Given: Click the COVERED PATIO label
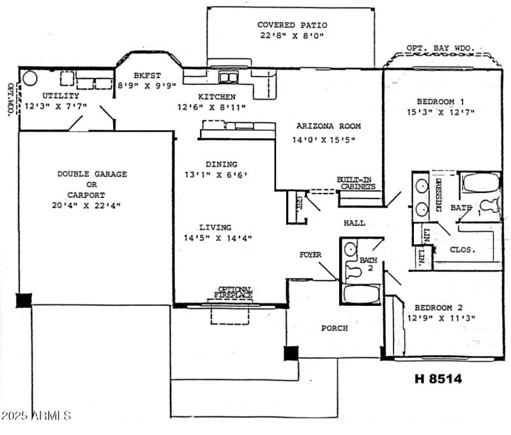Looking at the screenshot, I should point(291,25).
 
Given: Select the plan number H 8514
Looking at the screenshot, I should point(438,379).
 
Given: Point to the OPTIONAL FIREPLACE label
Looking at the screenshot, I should point(234,293).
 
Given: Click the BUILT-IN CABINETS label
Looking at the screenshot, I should point(356,183).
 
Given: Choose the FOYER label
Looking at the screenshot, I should point(310,254).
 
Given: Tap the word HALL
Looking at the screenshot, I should point(354,224).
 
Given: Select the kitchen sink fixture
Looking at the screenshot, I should point(228,78).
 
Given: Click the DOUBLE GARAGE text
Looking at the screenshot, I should point(92,174).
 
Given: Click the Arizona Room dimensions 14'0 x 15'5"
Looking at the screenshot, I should point(324,139).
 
